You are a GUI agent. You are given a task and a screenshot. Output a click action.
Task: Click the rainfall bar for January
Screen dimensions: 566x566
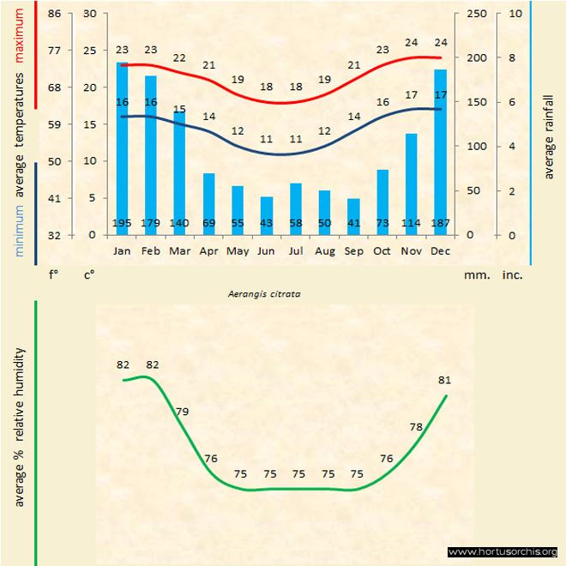point(122,146)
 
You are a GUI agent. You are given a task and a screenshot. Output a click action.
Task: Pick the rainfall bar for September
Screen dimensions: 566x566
point(353,214)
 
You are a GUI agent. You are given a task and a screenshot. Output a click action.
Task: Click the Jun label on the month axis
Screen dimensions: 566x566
point(266,251)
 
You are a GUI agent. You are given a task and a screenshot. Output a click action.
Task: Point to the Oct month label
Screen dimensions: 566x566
point(382,251)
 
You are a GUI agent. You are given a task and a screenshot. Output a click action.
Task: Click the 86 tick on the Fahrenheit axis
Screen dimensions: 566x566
point(54,14)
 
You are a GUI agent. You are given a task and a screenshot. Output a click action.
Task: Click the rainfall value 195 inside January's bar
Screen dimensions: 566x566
point(122,224)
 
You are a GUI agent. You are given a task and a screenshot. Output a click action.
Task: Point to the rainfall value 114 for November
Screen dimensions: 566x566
point(412,224)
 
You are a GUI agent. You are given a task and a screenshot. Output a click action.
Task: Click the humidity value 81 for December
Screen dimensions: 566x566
point(444,380)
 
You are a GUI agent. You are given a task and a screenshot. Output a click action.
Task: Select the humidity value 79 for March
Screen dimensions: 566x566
point(182,412)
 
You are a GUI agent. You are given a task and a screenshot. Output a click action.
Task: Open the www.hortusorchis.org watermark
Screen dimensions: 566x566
point(503,551)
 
